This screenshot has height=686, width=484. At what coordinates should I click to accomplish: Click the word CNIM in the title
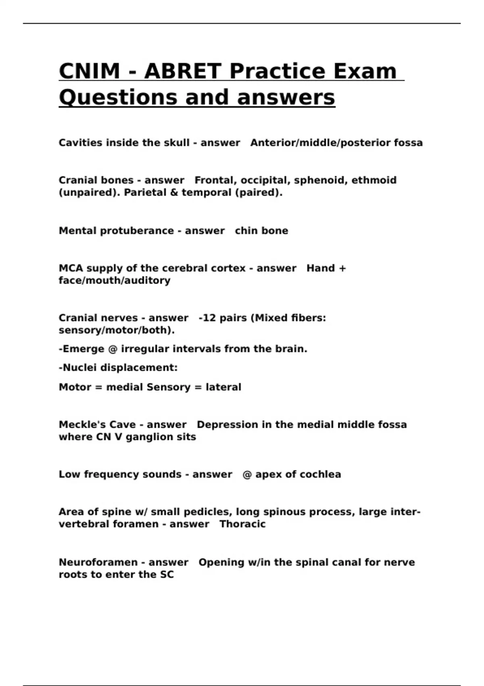(89, 71)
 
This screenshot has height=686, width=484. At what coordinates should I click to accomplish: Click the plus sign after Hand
(342, 269)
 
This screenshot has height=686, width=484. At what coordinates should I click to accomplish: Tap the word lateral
(223, 387)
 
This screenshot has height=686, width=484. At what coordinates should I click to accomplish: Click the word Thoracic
(242, 524)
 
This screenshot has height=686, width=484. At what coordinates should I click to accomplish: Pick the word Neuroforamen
(98, 562)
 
